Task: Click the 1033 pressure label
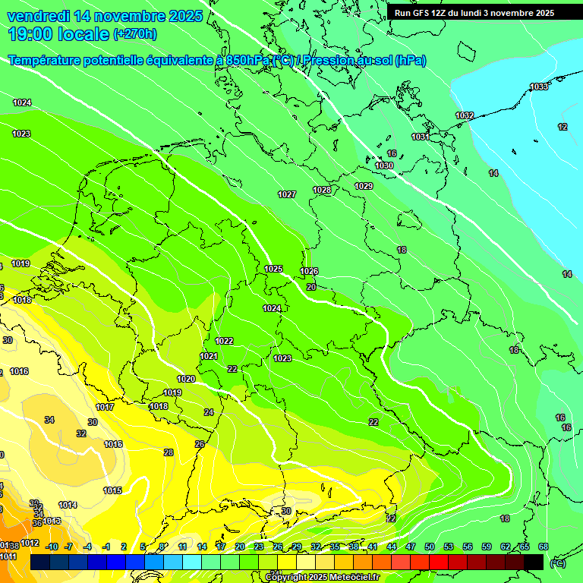[x=539, y=87]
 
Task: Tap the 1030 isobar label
[x=385, y=165]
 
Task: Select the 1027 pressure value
[x=287, y=195]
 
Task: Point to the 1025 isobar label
[x=274, y=269]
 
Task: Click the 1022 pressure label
[x=224, y=342]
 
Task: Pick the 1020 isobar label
[x=186, y=379]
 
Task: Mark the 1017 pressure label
[x=105, y=408]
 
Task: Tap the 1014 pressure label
[x=68, y=505]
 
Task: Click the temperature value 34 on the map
[x=49, y=420]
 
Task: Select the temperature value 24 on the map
[x=209, y=412]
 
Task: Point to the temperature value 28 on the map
[x=169, y=452]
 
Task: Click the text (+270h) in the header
[x=135, y=33]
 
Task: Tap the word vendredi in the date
[x=39, y=16]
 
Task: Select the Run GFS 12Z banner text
[x=474, y=13]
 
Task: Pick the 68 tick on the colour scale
[x=543, y=547]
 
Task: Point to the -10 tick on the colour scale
[x=52, y=547]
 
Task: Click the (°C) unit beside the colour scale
[x=557, y=563]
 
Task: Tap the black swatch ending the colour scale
[x=534, y=563]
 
